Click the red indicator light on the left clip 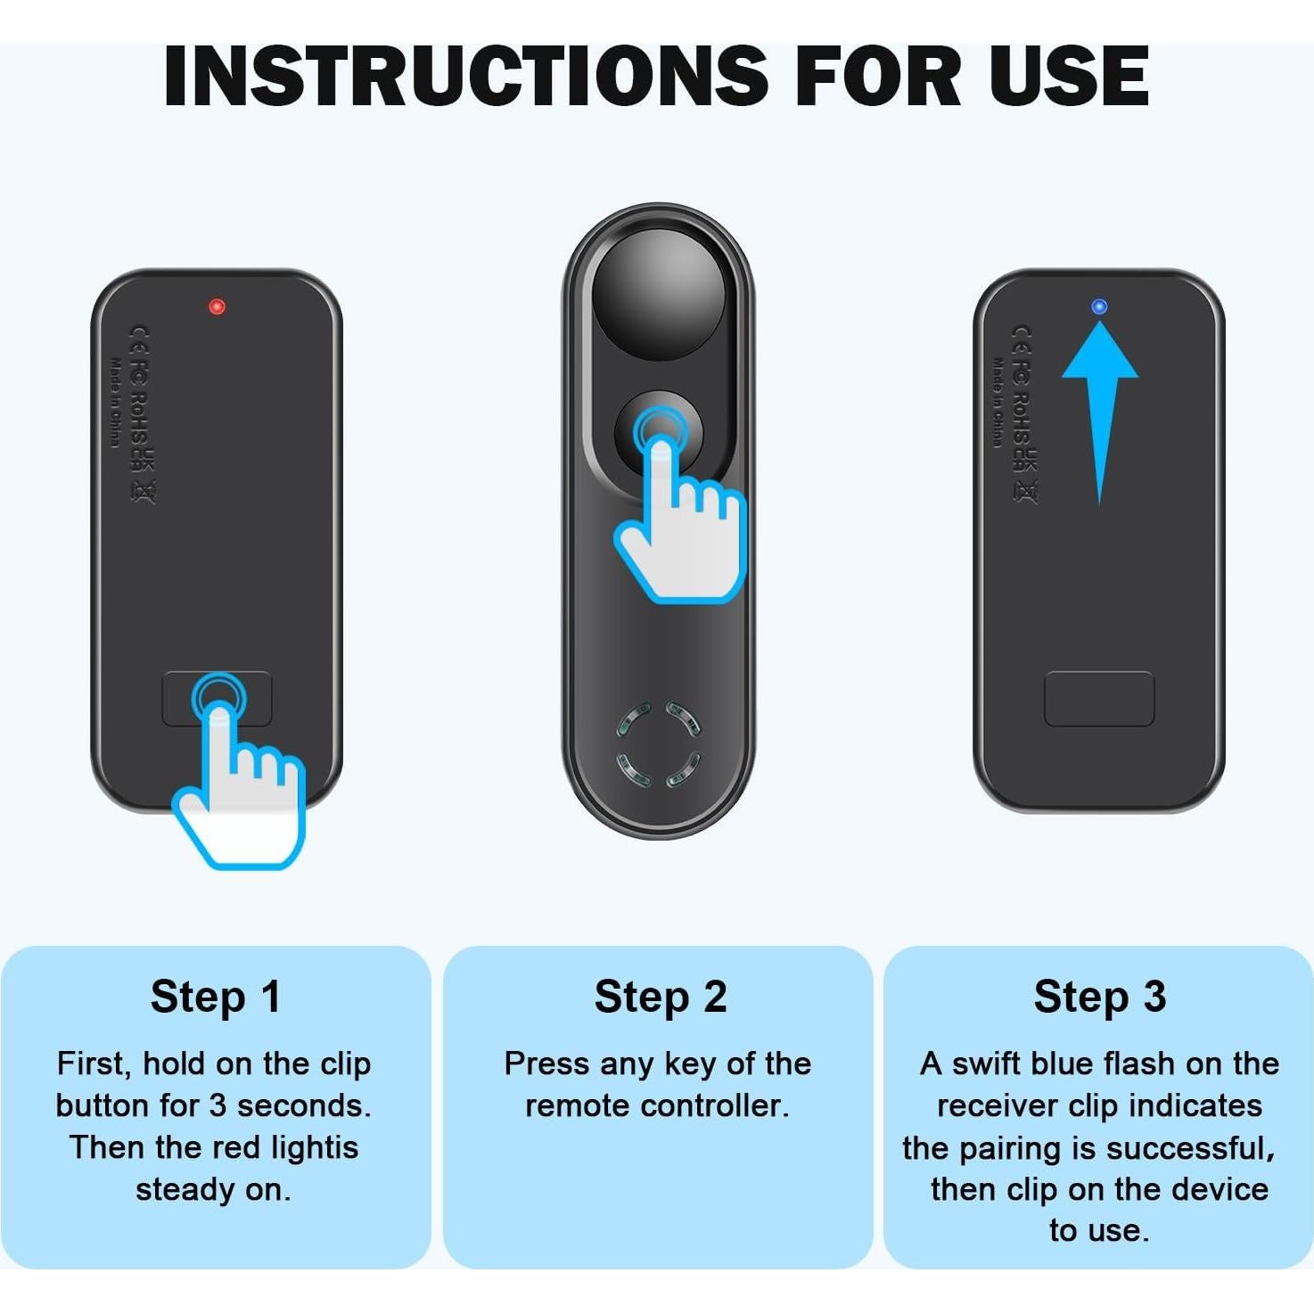tap(217, 307)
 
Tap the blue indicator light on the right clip tap(1099, 307)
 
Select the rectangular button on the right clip tap(1099, 699)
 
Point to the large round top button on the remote tap(659, 298)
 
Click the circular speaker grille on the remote tap(659, 745)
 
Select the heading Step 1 tap(216, 997)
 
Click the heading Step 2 tap(660, 997)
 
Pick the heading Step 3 tap(1099, 997)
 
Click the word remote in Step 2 tap(579, 1105)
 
